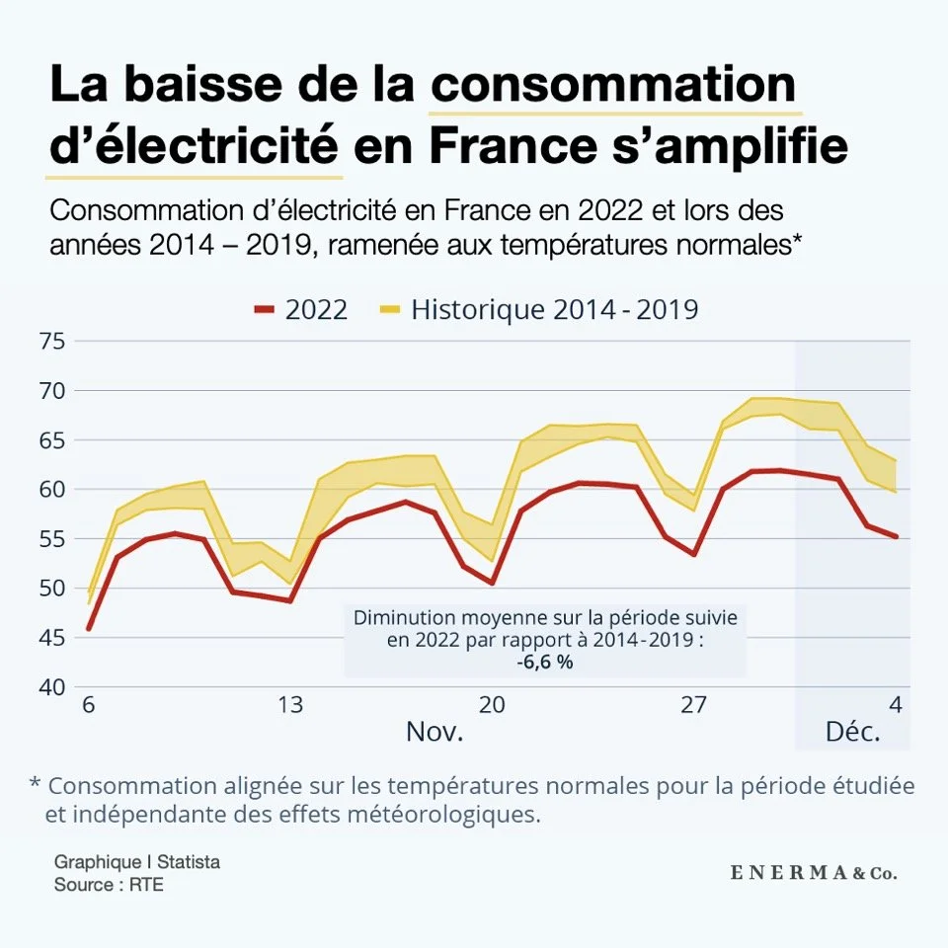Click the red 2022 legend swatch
(263, 309)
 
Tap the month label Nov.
(434, 734)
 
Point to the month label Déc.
(852, 734)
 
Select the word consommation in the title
(613, 85)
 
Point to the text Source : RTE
(109, 885)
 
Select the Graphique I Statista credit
(137, 862)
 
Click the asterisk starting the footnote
(35, 786)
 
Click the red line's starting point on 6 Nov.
(89, 629)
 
